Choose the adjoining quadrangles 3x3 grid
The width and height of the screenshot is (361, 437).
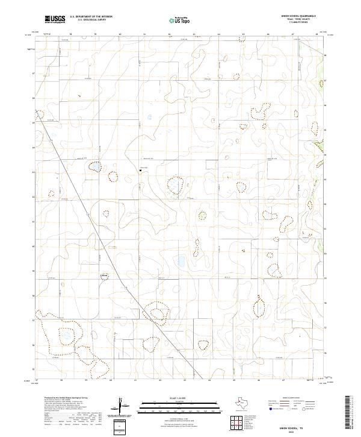(x=244, y=424)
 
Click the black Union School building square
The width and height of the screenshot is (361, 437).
(x=140, y=171)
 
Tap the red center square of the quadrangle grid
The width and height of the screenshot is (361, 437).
(x=244, y=424)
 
